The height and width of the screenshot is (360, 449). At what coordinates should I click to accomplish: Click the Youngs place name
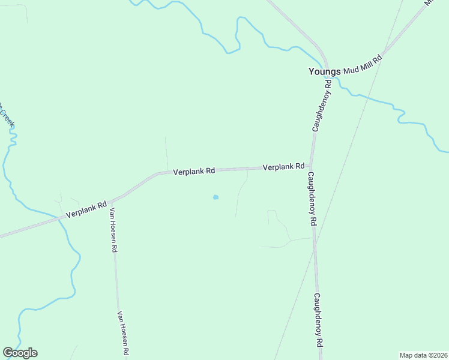click(324, 71)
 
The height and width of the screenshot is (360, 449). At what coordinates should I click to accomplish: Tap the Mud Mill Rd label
click(363, 64)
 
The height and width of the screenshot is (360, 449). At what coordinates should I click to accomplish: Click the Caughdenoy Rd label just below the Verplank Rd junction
click(312, 199)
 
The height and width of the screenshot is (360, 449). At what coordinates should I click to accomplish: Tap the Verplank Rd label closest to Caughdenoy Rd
click(283, 167)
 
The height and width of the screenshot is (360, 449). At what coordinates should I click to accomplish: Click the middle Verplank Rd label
click(194, 171)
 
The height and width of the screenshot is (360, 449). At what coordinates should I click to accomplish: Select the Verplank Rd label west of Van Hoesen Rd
click(86, 209)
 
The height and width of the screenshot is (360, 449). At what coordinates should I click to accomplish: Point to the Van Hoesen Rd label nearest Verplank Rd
click(113, 230)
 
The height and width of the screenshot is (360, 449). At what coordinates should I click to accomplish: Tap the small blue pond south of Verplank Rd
click(215, 197)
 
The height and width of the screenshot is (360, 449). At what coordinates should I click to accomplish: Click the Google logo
click(20, 353)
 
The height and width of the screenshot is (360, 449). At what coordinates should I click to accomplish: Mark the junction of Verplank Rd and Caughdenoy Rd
click(310, 167)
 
